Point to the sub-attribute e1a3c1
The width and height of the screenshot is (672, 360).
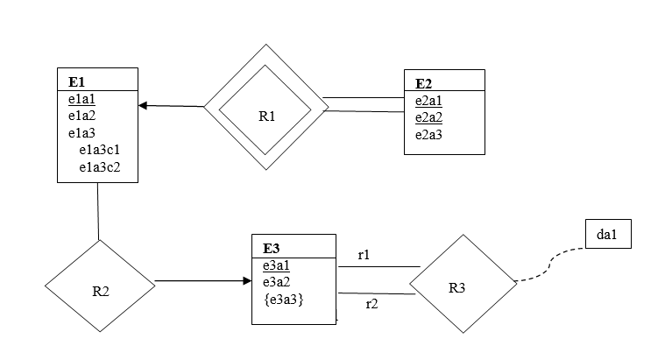pos(99,150)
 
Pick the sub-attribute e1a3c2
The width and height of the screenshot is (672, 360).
pos(99,166)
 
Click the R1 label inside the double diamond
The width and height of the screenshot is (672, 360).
pos(267,116)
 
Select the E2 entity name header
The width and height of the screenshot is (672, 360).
pos(424,84)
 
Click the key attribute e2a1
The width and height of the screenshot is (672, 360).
pos(428,101)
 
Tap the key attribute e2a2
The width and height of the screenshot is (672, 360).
pos(428,117)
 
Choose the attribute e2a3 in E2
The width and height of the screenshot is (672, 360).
pos(428,134)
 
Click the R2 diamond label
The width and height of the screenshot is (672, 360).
pos(100,292)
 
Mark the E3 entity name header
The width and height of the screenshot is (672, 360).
pos(272,249)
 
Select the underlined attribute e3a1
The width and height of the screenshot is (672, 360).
pos(276,265)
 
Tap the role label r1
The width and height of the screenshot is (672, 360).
pos(364,255)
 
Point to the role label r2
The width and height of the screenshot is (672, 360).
pos(371,304)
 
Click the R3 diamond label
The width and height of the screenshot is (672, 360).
pos(458,287)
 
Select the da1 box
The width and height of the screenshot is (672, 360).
pos(607,235)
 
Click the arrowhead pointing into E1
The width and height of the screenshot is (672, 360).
pos(144,106)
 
